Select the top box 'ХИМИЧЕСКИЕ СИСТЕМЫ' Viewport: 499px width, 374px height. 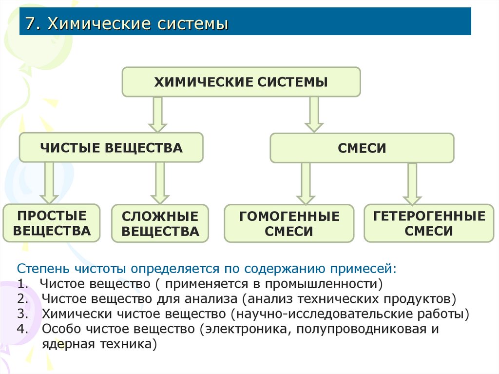click(x=241, y=81)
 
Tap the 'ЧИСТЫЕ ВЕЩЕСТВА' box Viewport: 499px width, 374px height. click(x=111, y=147)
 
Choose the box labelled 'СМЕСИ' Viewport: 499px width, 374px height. click(x=362, y=148)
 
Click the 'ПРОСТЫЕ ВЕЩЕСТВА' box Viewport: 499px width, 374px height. click(x=52, y=223)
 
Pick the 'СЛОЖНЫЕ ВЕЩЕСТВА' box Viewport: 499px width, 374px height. click(x=160, y=224)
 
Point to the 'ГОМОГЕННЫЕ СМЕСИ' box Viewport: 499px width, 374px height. click(x=289, y=223)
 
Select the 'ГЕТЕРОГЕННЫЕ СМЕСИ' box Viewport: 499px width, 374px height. click(x=429, y=223)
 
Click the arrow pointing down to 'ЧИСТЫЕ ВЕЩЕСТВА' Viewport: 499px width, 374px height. click(x=157, y=114)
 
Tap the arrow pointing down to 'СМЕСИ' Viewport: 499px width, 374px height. click(x=314, y=114)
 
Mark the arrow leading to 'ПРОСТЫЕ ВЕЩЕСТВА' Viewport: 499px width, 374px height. click(x=49, y=182)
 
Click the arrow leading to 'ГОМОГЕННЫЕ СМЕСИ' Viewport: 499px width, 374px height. click(x=306, y=183)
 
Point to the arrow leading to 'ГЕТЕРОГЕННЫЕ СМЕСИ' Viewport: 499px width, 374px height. click(x=412, y=183)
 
